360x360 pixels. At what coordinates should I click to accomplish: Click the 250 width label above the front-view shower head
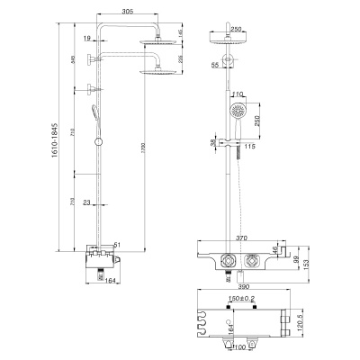pyautogui.click(x=237, y=29)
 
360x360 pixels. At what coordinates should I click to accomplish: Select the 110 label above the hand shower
pyautogui.click(x=238, y=95)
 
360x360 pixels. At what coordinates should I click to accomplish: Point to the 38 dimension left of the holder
pyautogui.click(x=212, y=141)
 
